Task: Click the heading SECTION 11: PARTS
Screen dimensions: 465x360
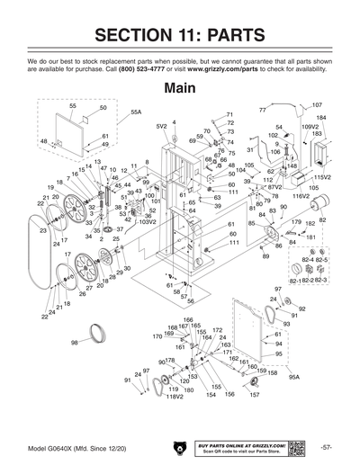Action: [x=180, y=35]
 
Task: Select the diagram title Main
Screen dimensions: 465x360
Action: [x=179, y=89]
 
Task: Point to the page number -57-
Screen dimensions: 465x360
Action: [x=326, y=447]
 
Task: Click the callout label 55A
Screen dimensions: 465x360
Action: [x=136, y=112]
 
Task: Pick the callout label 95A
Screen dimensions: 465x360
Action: [x=293, y=378]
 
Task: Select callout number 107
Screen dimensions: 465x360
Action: [x=316, y=105]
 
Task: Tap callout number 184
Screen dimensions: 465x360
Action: [x=321, y=118]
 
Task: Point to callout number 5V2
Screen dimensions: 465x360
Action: [x=161, y=127]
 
